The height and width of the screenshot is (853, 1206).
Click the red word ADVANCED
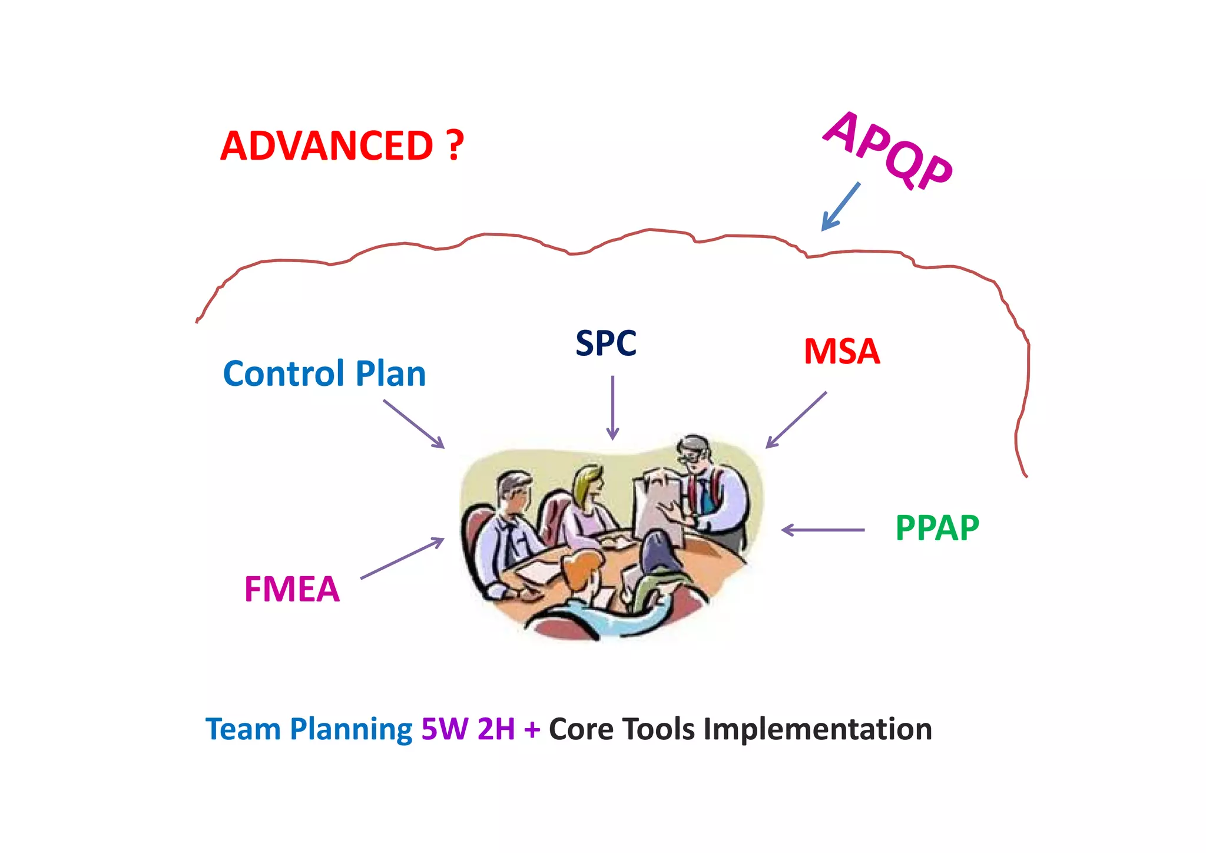327,146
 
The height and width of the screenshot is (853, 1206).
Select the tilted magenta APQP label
888,151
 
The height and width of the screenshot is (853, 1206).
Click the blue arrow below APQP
841,207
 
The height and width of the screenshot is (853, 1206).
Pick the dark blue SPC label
605,343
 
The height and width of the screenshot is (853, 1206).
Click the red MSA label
841,352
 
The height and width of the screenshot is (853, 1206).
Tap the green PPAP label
937,528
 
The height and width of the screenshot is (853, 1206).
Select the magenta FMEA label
292,589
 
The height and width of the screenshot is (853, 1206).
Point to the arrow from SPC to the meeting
612,408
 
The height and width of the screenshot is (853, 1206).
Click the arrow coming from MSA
796,420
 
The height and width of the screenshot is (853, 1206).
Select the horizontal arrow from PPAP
823,530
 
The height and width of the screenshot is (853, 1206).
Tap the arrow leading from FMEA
402,558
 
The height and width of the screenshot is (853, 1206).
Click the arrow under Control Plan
413,424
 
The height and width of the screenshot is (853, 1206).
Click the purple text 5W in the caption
445,729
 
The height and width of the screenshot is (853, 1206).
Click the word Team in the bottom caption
243,729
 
